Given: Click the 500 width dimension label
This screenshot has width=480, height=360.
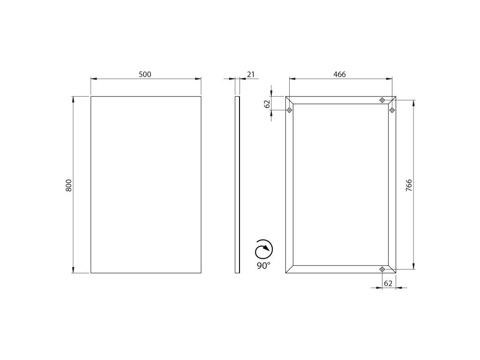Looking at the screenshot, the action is pyautogui.click(x=145, y=75).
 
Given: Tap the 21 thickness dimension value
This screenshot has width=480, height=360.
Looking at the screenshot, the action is pyautogui.click(x=251, y=75).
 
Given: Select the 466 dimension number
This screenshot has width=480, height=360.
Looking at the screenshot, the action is pyautogui.click(x=339, y=75).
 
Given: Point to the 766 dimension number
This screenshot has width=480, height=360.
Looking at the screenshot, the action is pyautogui.click(x=409, y=186).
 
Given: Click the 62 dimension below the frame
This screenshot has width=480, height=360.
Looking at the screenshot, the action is pyautogui.click(x=388, y=284).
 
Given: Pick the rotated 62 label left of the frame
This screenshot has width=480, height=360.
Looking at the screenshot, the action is pyautogui.click(x=267, y=104).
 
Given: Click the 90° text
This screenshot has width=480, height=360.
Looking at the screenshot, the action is pyautogui.click(x=263, y=265).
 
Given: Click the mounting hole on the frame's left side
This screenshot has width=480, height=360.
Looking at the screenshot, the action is pyautogui.click(x=289, y=110).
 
